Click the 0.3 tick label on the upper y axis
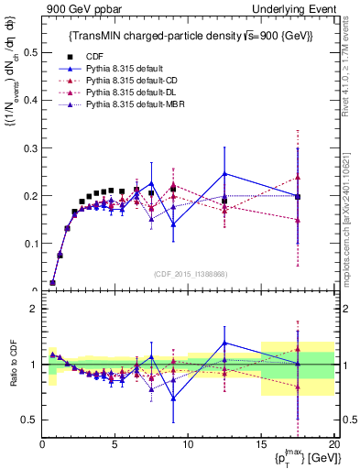pyautogui.click(x=29, y=148)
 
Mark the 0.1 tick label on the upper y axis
pyautogui.click(x=29, y=244)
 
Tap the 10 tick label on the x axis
pyautogui.click(x=188, y=444)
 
